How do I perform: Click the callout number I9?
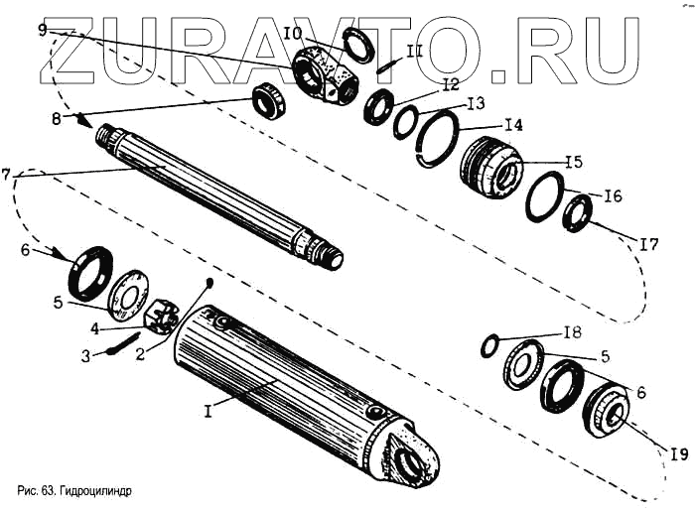coord(678,454)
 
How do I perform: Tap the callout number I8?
coord(572,331)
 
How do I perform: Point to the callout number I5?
coord(574,162)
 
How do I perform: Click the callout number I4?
coord(512,126)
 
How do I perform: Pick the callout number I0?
coord(293,34)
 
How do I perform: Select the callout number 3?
coord(86,353)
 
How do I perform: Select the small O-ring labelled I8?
coord(488,345)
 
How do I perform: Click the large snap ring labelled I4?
coord(435,140)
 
